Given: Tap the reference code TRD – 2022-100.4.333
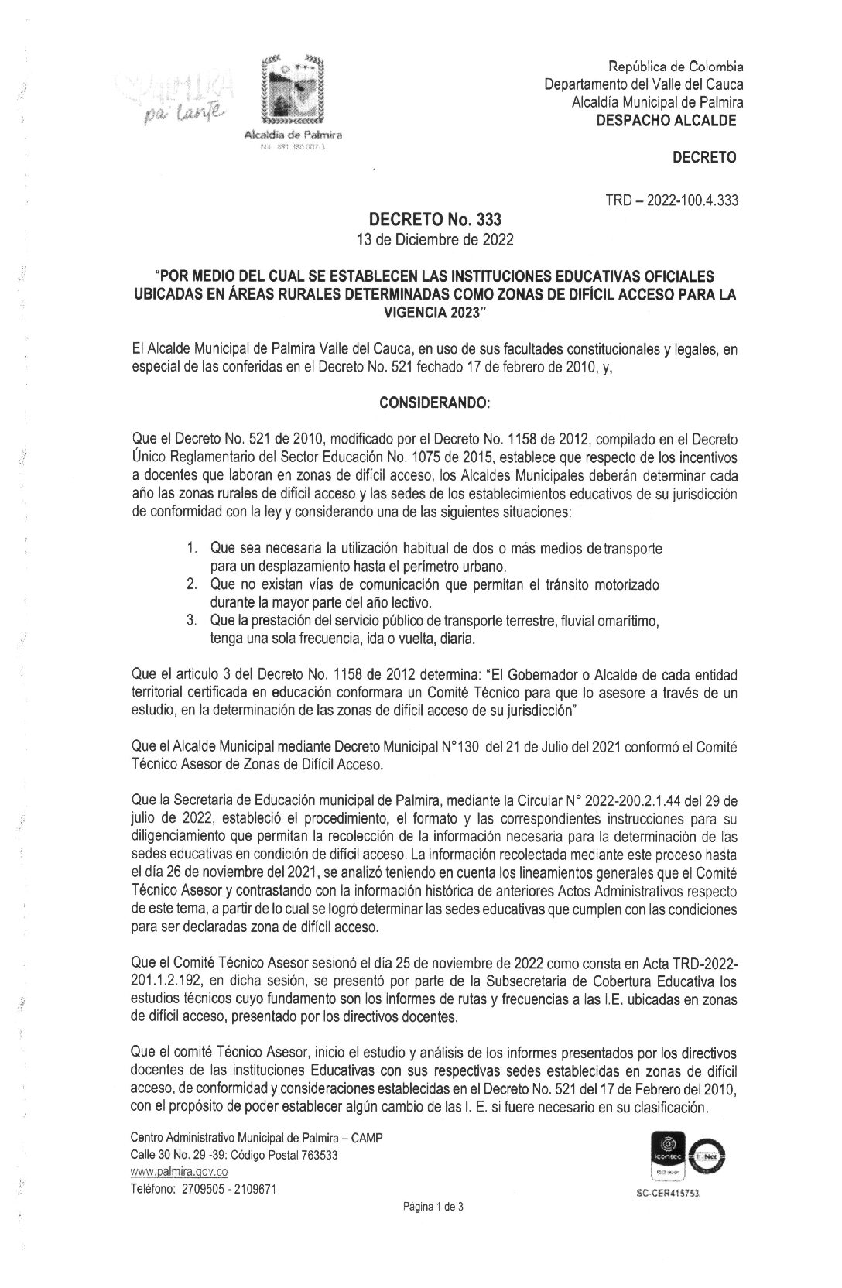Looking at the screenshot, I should pyautogui.click(x=672, y=201).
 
